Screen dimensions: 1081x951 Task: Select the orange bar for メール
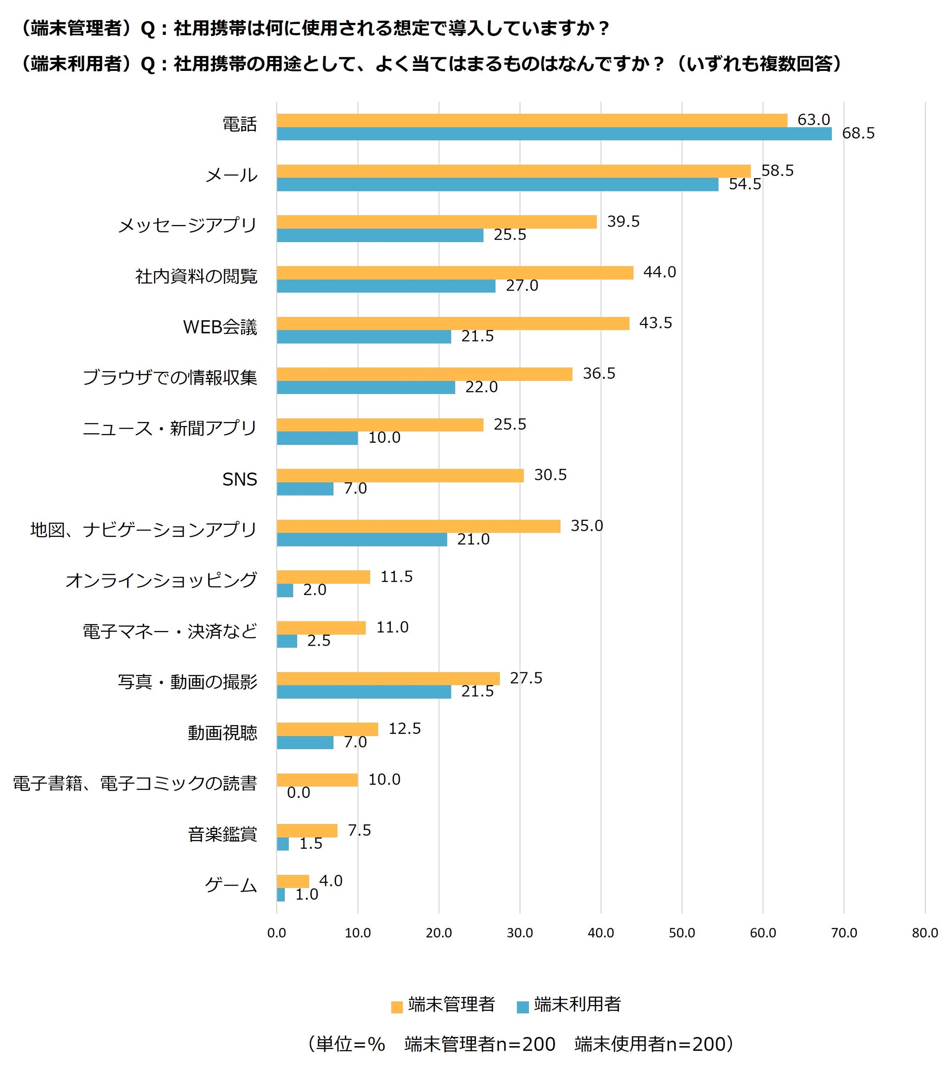coord(513,171)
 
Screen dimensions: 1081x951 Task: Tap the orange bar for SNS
coord(400,476)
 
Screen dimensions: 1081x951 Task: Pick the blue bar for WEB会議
coord(364,337)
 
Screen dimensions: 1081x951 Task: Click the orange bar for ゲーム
coord(293,881)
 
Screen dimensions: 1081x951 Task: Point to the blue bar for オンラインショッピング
coord(285,590)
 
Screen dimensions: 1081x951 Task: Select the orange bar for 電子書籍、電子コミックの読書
coord(317,780)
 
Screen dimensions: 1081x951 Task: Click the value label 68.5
coord(858,133)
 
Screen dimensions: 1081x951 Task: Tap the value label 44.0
coord(659,272)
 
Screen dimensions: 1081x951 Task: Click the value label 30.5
coord(550,475)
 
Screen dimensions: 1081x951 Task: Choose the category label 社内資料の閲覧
coord(196,276)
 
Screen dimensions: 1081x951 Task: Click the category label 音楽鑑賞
coord(222,834)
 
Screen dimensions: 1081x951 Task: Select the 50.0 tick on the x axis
coord(681,932)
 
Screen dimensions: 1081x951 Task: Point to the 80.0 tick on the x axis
coord(925,932)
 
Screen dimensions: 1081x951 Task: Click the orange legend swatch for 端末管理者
coord(396,1007)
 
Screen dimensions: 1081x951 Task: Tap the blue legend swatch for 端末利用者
coord(522,1007)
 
